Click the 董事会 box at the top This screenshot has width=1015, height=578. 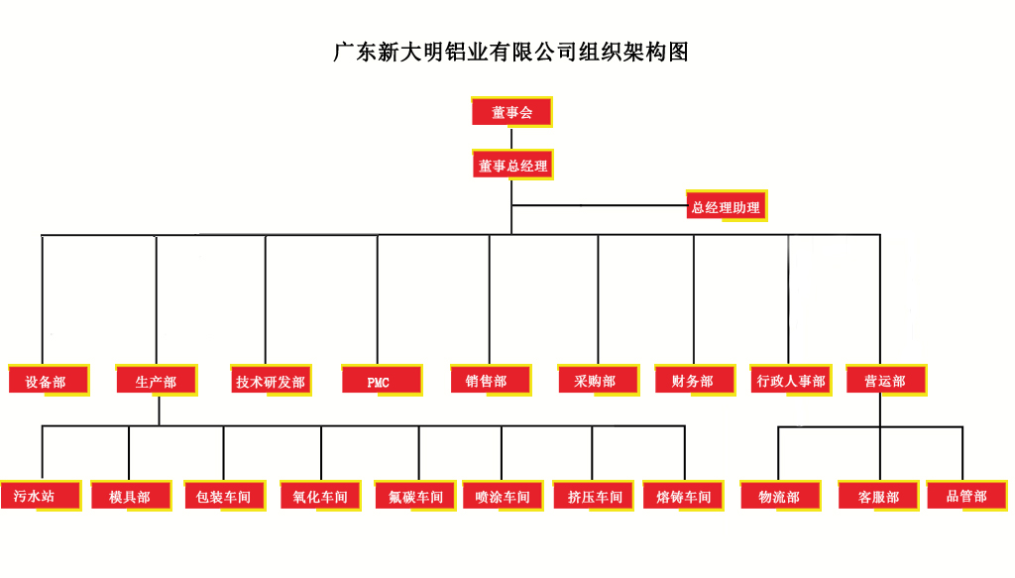511,112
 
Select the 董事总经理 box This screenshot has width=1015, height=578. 511,166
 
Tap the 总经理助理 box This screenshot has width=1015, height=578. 727,207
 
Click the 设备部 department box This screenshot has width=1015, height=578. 48,381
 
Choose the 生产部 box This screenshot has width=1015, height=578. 157,381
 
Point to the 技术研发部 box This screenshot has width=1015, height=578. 270,381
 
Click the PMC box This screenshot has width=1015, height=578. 381,381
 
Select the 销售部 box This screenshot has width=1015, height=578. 490,381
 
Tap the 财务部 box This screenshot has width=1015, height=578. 695,381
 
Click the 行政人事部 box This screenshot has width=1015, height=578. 791,381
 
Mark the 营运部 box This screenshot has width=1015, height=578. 886,381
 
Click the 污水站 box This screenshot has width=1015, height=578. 40,496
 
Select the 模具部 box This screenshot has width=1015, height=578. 131,496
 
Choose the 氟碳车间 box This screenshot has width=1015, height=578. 415,496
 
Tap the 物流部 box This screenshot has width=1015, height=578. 780,496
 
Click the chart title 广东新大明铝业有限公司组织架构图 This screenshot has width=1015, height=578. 510,53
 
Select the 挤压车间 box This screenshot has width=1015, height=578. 595,496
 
